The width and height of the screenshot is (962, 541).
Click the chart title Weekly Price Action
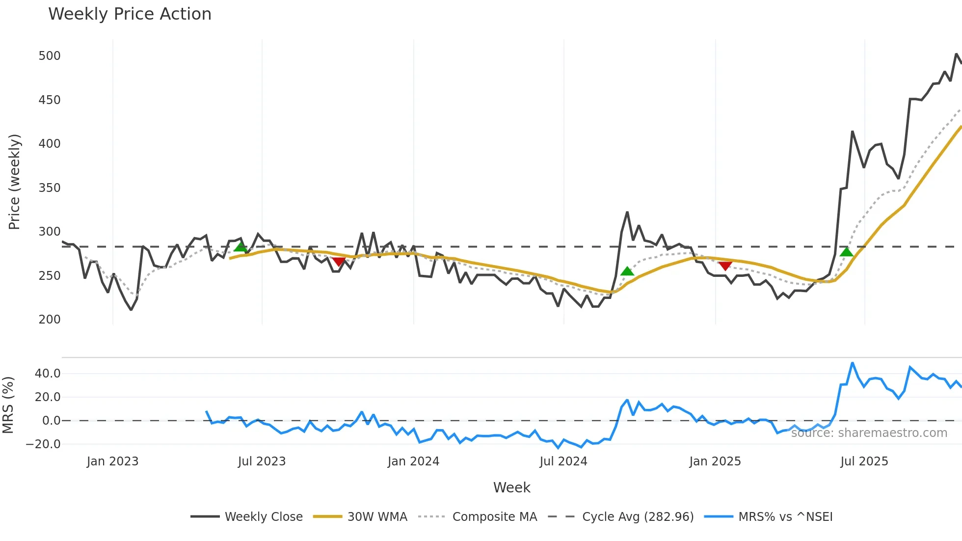pos(130,14)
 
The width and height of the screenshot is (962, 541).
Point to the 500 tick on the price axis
pos(50,56)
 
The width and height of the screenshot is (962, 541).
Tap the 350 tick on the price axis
pos(50,188)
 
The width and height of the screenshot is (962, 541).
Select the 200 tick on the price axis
pos(50,320)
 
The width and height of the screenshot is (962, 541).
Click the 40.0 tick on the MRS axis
pos(48,374)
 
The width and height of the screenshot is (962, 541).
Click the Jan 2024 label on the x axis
pos(413,461)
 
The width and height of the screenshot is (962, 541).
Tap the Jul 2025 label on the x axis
pos(864,461)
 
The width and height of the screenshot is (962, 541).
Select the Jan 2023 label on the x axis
pos(112,461)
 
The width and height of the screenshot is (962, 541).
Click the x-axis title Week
pos(511,487)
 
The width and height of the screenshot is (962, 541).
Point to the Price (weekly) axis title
pos(14,182)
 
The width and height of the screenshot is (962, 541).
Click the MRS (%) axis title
pos(8,405)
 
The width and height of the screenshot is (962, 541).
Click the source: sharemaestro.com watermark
pos(869,433)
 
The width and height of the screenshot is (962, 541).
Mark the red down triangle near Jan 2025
pos(725,266)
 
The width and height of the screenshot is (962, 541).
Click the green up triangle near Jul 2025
pos(847,252)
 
